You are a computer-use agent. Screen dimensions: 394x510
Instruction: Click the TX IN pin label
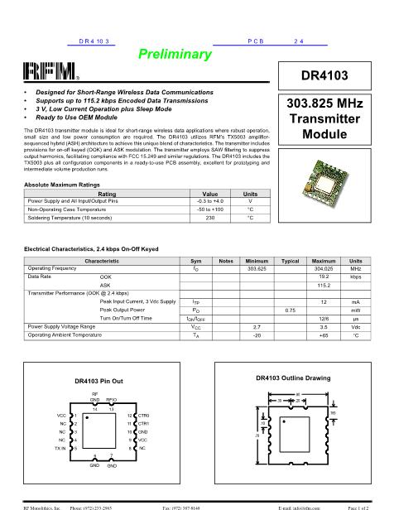(x=60, y=448)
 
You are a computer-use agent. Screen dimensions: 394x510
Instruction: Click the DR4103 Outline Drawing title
(x=288, y=378)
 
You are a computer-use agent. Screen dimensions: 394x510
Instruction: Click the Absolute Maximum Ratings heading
(x=65, y=185)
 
